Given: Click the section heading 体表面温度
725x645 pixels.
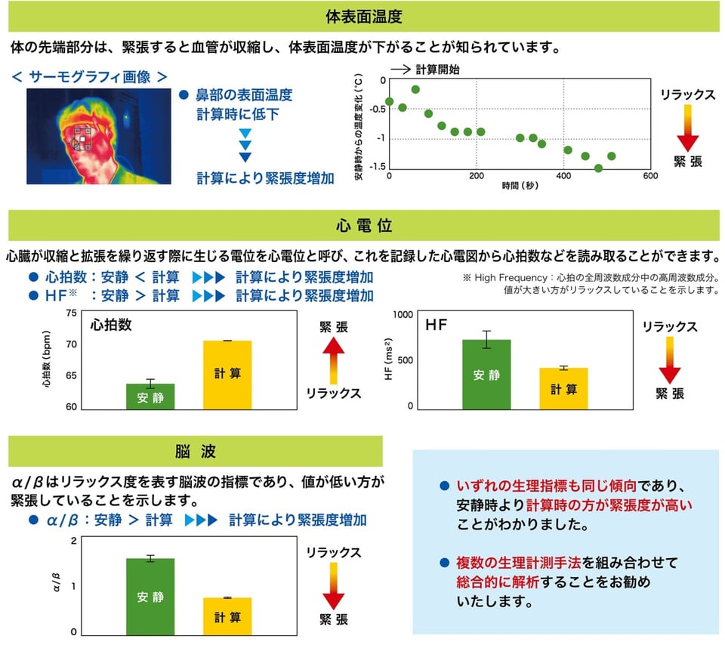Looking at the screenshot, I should click(x=362, y=16).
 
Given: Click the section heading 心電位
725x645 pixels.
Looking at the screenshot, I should click(x=362, y=226).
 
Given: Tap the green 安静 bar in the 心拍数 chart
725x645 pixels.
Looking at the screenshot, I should click(x=150, y=397).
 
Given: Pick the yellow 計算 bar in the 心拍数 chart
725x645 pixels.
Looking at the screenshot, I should click(x=227, y=375).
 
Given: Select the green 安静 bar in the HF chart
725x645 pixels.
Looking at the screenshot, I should click(x=486, y=375).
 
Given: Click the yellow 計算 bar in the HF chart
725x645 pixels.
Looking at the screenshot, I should click(x=563, y=388).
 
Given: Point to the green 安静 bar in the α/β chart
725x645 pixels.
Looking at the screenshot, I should click(x=150, y=596).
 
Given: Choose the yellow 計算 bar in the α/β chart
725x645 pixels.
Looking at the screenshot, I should click(x=227, y=615).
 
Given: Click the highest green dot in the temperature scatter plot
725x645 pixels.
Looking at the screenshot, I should click(x=415, y=89).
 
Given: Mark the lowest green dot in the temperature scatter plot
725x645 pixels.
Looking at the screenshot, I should click(x=598, y=168).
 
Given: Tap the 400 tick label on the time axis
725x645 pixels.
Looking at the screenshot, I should click(x=563, y=177).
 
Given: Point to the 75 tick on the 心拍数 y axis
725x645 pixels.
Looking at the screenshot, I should click(x=72, y=312).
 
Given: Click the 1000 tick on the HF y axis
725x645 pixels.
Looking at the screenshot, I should click(x=404, y=314).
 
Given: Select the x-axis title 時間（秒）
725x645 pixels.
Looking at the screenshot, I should click(x=520, y=185).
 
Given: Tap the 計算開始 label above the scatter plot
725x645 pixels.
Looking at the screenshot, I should click(x=438, y=69).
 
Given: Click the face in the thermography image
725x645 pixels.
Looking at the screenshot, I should click(x=87, y=140).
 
